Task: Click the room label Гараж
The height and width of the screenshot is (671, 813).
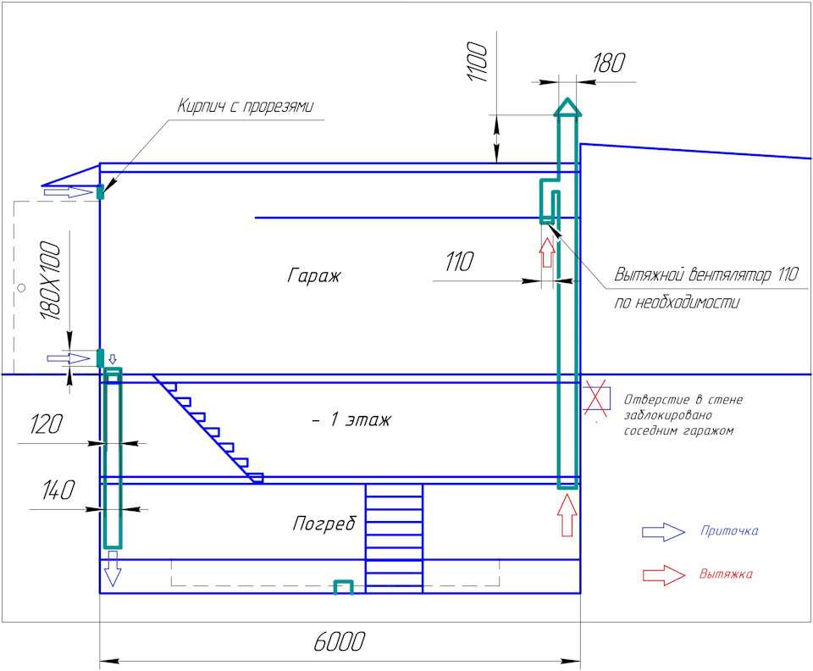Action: coord(313,274)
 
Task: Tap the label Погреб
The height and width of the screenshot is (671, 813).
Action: coord(324,523)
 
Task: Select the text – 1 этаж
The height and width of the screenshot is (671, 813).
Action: coord(351,419)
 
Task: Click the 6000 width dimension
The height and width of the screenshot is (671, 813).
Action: coord(339,641)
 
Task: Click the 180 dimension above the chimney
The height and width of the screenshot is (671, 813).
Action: coord(608,63)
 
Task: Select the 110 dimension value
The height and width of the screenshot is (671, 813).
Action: coord(459,262)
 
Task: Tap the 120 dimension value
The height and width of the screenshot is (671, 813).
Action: coord(46,424)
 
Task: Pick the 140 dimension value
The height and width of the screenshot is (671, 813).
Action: coord(58,490)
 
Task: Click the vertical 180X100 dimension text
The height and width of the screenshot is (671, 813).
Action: coord(50,280)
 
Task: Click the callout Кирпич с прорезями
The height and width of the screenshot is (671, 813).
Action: coord(246,106)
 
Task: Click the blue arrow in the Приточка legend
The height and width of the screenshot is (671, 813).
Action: coord(663,532)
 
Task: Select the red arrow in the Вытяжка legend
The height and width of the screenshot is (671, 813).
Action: coord(664,575)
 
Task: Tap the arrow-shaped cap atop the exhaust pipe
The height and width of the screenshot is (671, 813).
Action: coord(568,108)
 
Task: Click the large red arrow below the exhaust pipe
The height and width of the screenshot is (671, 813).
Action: coord(567,515)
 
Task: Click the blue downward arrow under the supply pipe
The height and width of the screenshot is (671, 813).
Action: coord(113,568)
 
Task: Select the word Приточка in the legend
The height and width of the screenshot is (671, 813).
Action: coord(729,530)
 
